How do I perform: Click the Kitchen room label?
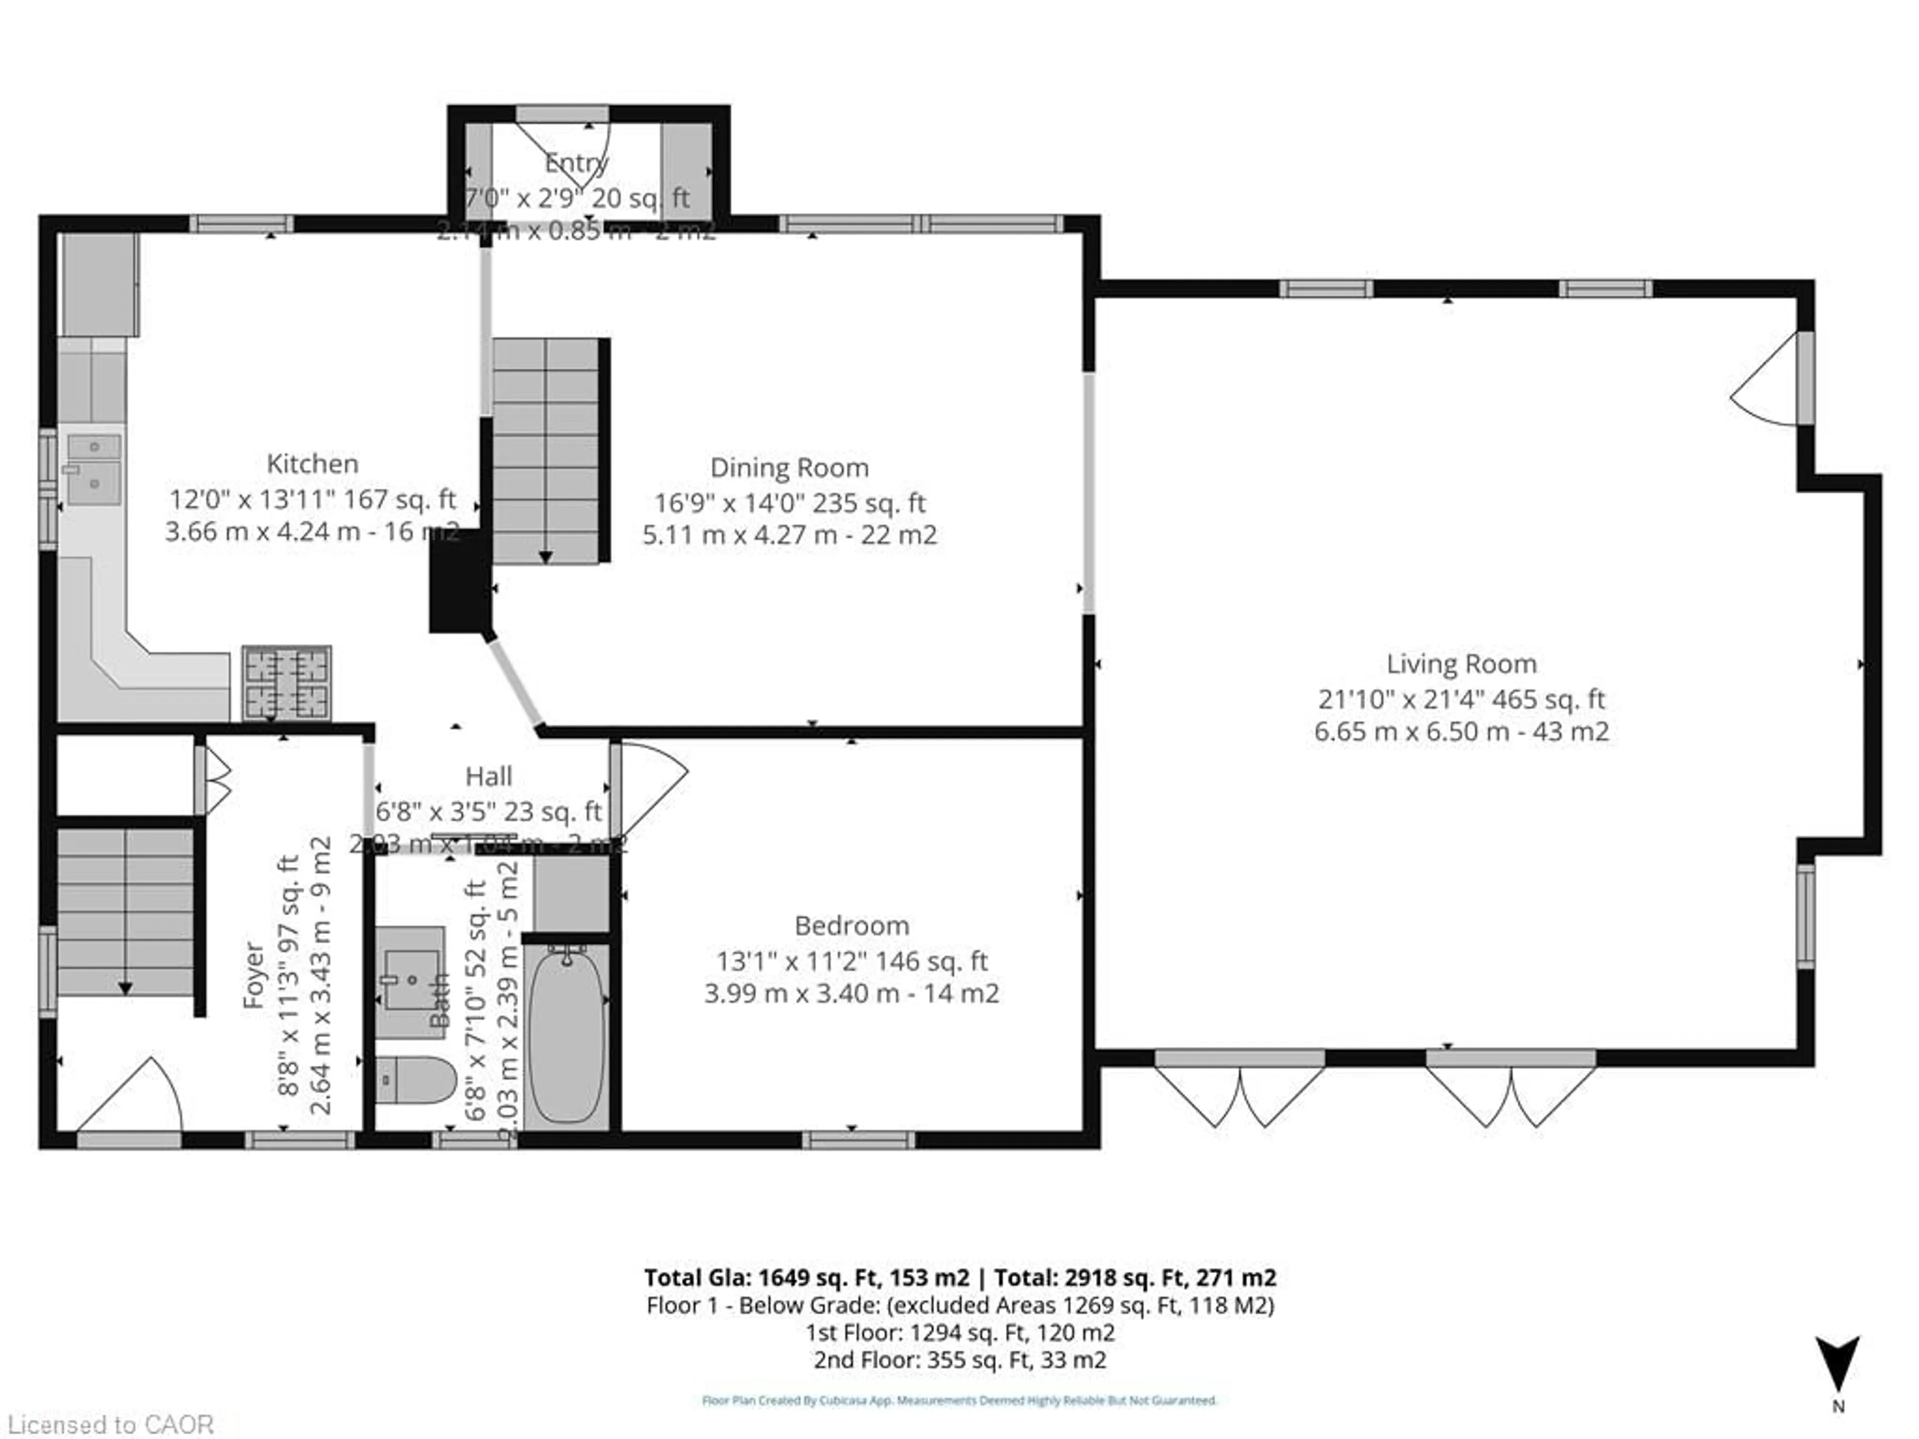[x=312, y=464]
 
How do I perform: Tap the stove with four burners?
[x=286, y=683]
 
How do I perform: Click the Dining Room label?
[x=789, y=468]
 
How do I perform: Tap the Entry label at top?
[x=576, y=163]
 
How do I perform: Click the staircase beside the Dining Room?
[x=547, y=451]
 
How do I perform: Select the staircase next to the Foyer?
[x=126, y=911]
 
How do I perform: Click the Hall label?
[x=488, y=776]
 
